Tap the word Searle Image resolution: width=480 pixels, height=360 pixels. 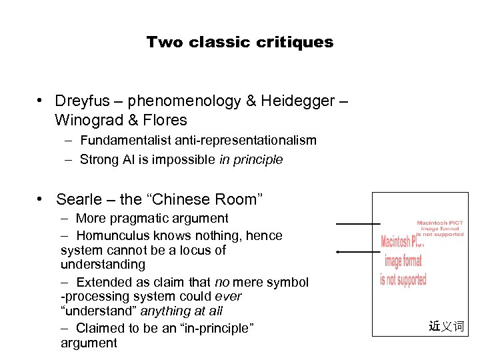pyautogui.click(x=80, y=199)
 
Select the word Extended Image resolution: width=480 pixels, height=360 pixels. pyautogui.click(x=101, y=282)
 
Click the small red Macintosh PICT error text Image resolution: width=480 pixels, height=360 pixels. pyautogui.click(x=439, y=229)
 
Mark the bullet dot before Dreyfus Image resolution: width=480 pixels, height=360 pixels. pyautogui.click(x=41, y=101)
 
